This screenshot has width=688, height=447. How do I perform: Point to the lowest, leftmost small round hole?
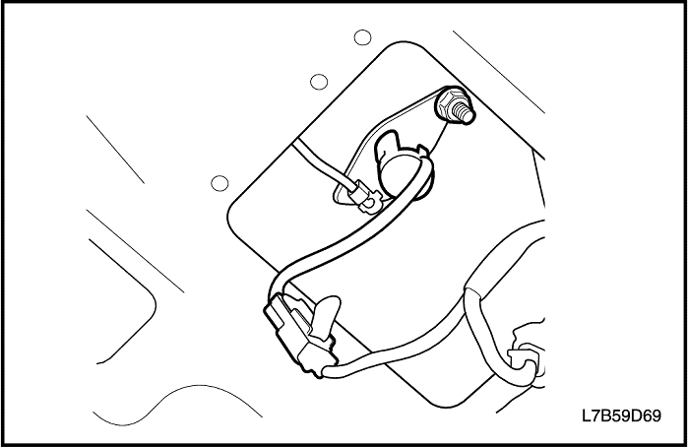(219, 182)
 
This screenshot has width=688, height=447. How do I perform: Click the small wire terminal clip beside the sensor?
(367, 200)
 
